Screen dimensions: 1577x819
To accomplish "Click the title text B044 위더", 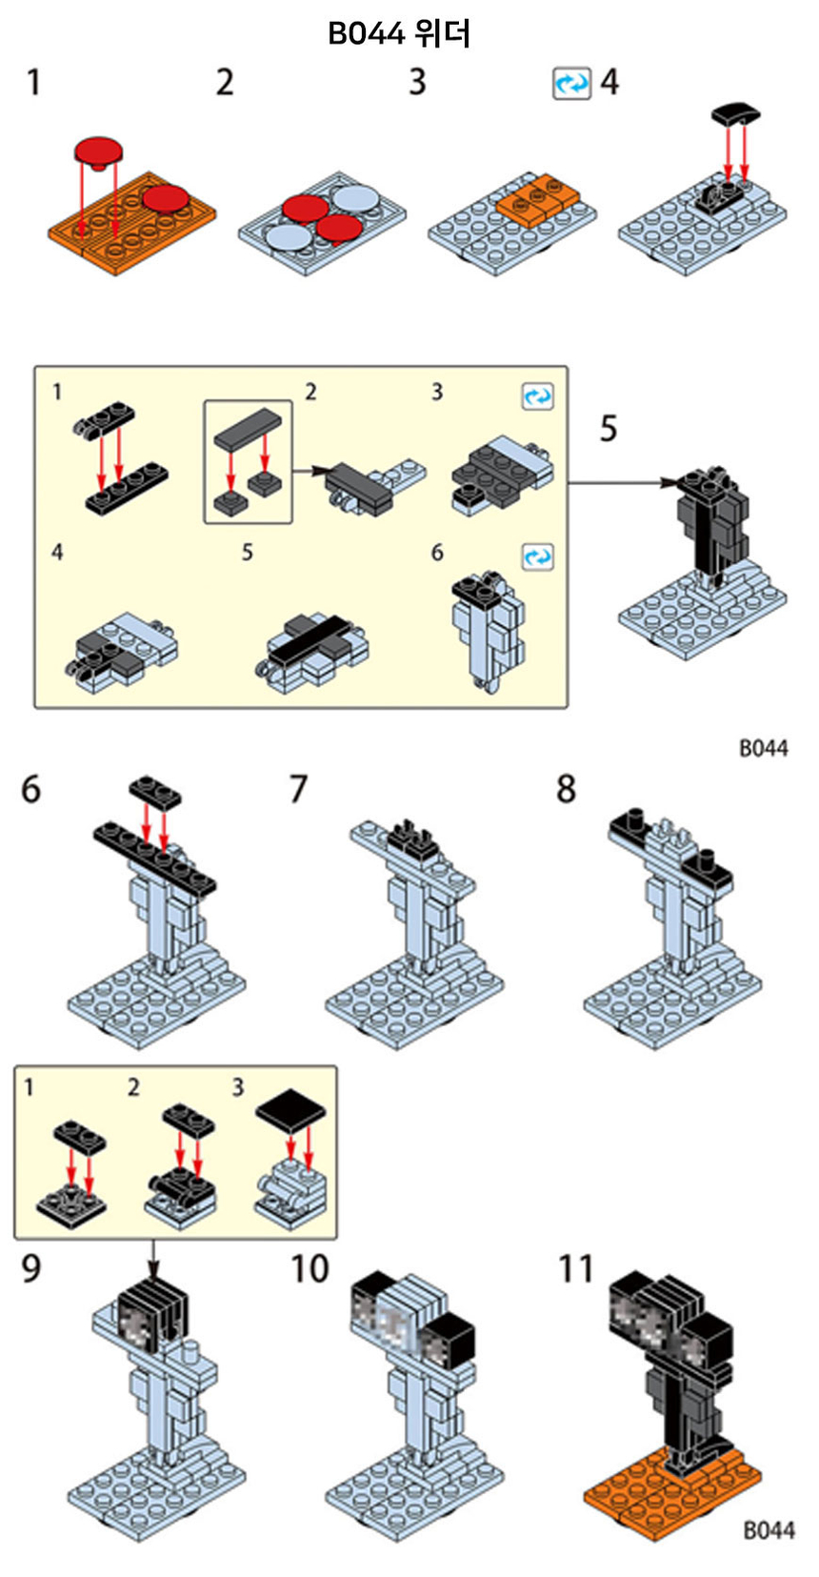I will pyautogui.click(x=399, y=34).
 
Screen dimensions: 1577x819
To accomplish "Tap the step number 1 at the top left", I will pyautogui.click(x=34, y=83).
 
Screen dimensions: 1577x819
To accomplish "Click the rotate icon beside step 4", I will pyautogui.click(x=571, y=84).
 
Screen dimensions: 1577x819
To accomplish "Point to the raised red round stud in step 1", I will pyautogui.click(x=99, y=151).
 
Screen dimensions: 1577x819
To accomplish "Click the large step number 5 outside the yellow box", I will pyautogui.click(x=608, y=429).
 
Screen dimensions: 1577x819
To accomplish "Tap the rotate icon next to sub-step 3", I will pyautogui.click(x=537, y=395).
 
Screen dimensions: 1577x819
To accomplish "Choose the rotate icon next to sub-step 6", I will pyautogui.click(x=537, y=556).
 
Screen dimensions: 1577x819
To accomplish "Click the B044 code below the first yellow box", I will pyautogui.click(x=764, y=748).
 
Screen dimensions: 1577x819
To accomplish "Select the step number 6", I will pyautogui.click(x=31, y=790).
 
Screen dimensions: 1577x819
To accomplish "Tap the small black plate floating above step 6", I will pyautogui.click(x=156, y=790).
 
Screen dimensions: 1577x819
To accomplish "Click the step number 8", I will pyautogui.click(x=567, y=789).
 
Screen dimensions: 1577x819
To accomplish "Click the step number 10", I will pyautogui.click(x=310, y=1269).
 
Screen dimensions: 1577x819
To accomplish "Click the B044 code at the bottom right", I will pyautogui.click(x=768, y=1530).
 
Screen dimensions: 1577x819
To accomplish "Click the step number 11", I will pyautogui.click(x=575, y=1269).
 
